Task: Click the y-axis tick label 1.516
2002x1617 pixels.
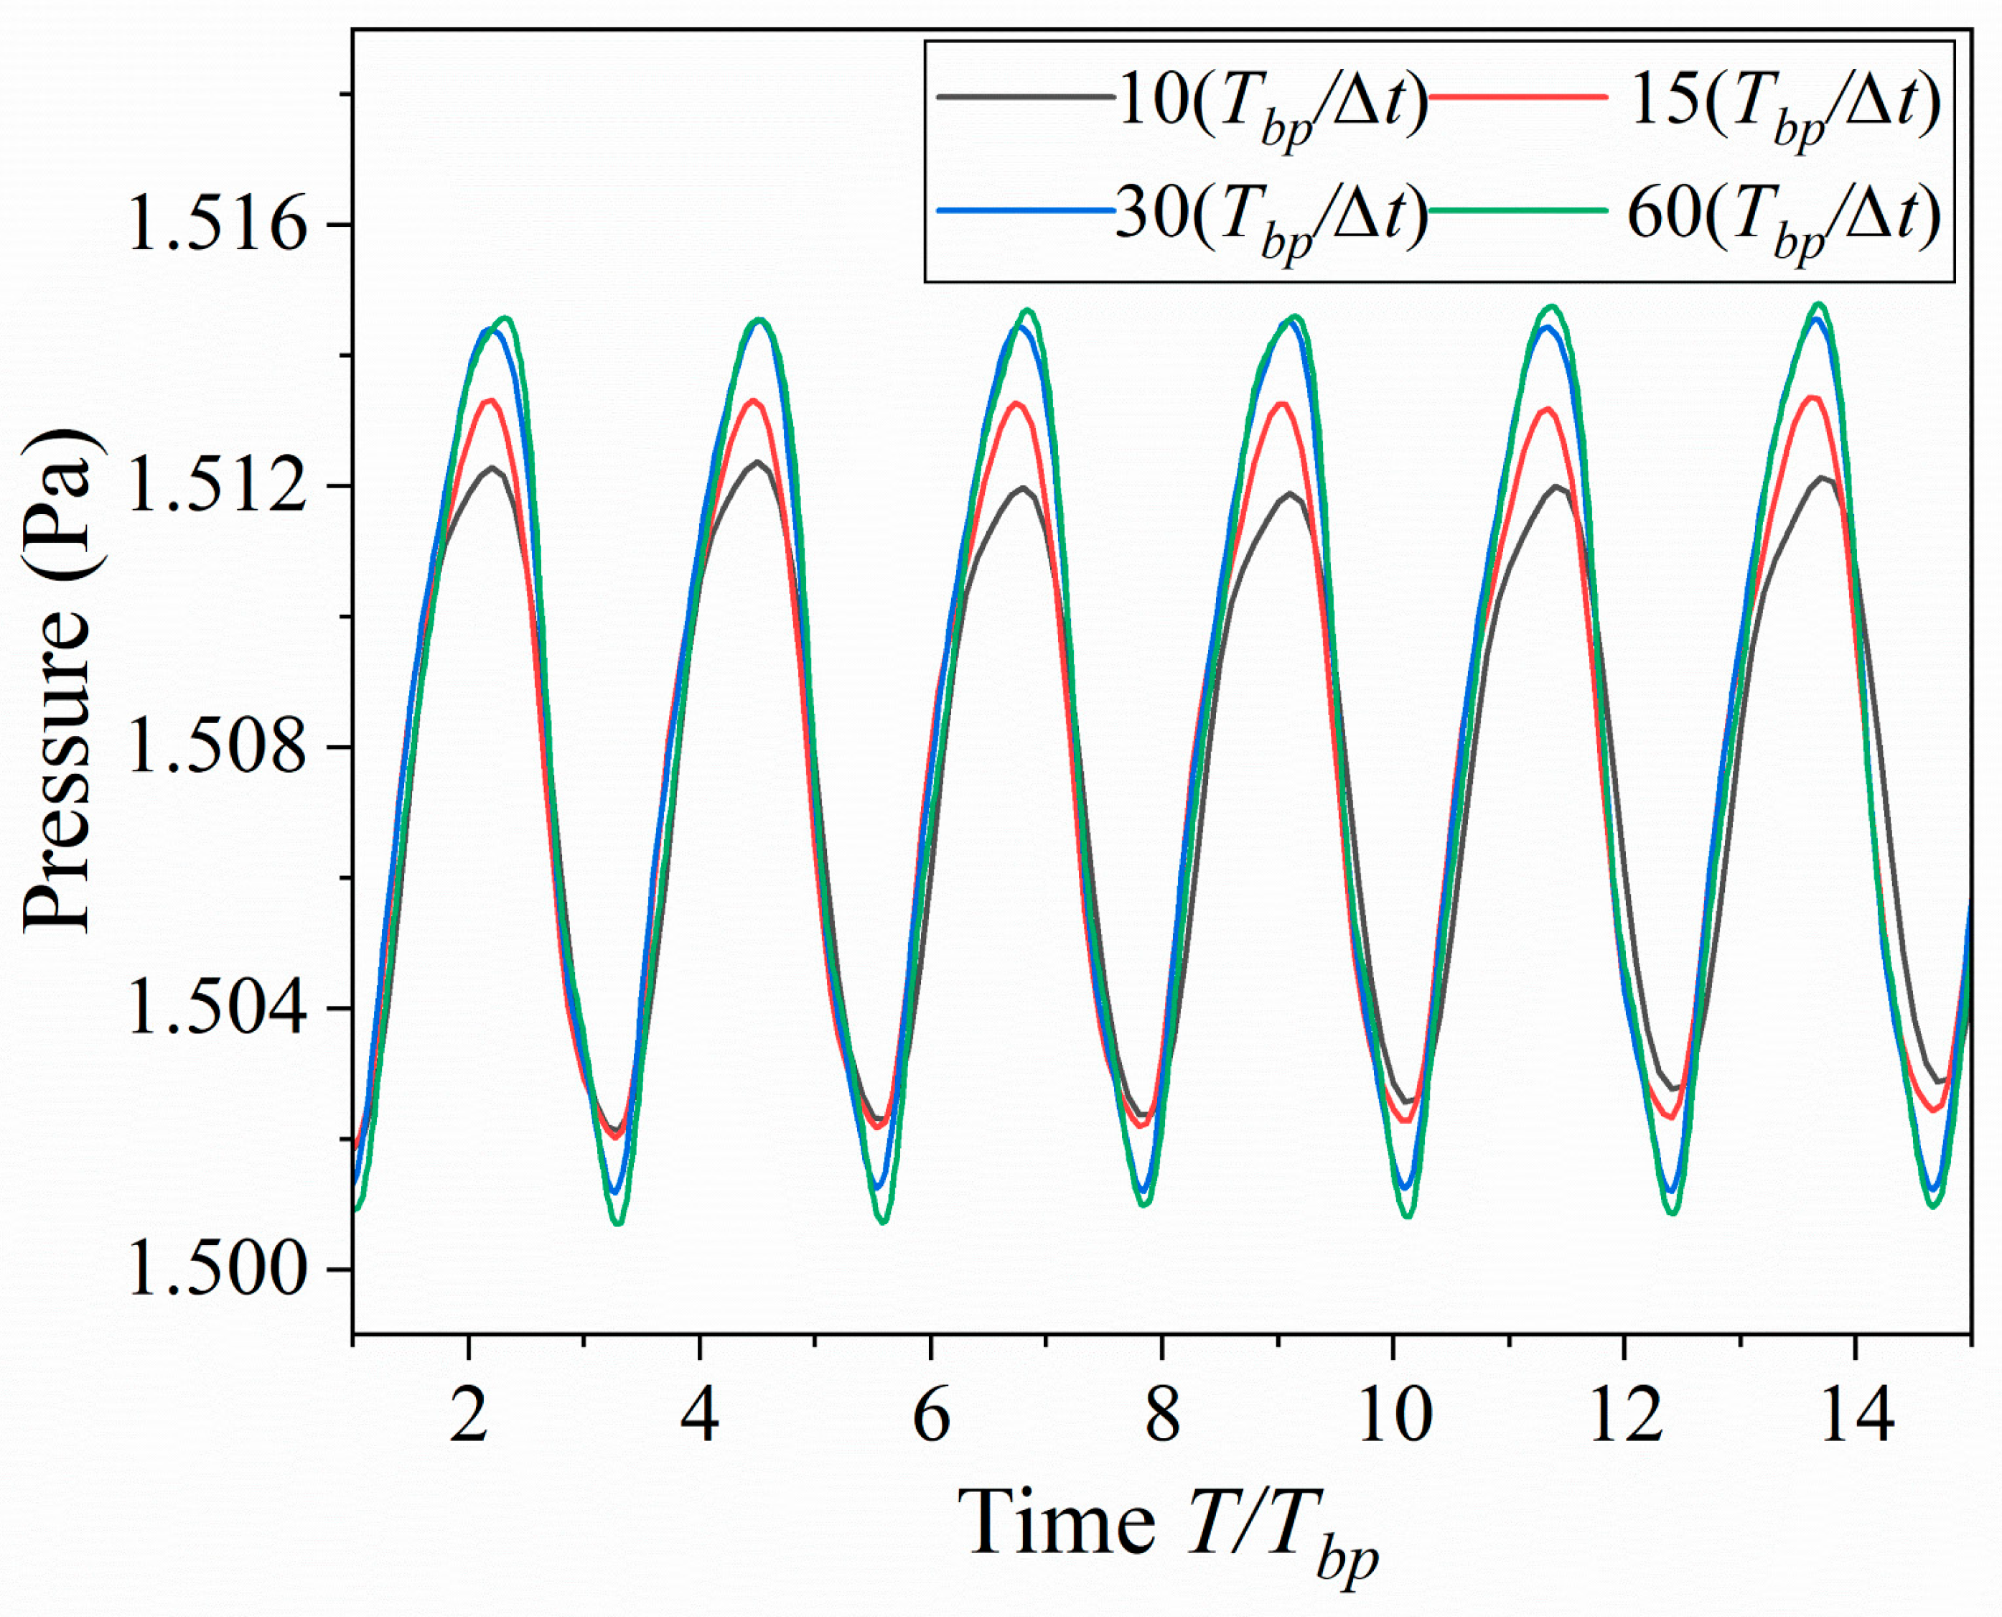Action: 216,225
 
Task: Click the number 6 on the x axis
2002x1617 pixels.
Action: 931,1414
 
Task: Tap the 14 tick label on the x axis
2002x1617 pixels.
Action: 1856,1414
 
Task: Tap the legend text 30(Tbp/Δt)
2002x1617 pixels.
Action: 1271,219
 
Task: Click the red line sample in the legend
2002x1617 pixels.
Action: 1517,96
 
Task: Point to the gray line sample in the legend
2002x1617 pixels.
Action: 1024,96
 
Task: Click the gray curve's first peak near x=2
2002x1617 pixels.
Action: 492,467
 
